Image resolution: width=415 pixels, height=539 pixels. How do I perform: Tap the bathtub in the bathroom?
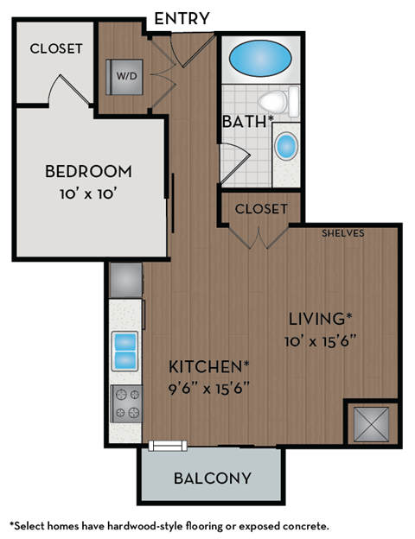click(x=259, y=61)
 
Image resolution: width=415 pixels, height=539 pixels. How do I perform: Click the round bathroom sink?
click(x=285, y=145)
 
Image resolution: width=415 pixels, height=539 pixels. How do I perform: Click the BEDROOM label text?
click(x=88, y=170)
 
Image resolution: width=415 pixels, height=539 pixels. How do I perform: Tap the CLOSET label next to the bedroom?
click(x=56, y=48)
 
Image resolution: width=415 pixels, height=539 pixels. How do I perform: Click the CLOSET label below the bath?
click(x=261, y=209)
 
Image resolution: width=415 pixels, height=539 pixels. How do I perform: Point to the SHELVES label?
click(x=342, y=233)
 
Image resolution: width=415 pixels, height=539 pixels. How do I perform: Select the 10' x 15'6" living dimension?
click(x=321, y=340)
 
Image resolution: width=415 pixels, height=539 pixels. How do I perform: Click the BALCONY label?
click(x=212, y=478)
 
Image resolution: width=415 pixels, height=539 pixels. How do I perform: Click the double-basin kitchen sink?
click(x=126, y=349)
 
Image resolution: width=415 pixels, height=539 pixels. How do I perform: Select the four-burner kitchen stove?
click(x=126, y=403)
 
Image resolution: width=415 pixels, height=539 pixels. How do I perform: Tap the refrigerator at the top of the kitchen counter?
click(x=126, y=279)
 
